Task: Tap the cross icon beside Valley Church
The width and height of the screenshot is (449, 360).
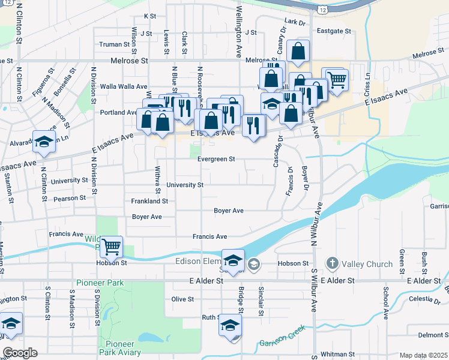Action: tap(332, 263)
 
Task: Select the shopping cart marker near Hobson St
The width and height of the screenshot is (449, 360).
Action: tap(111, 246)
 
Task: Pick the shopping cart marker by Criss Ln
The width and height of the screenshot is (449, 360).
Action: tap(337, 78)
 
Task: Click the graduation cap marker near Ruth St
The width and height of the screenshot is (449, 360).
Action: tap(231, 325)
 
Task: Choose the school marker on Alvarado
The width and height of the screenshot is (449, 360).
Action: tap(44, 142)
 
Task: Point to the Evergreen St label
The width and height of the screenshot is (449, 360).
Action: tap(216, 159)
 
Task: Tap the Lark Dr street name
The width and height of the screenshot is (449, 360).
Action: tap(295, 22)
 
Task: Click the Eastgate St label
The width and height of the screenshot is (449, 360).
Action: tap(334, 31)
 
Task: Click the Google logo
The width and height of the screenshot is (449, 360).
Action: tap(20, 353)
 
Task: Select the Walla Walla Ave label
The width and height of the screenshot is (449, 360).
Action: tap(124, 86)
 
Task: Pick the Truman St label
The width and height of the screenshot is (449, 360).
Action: tap(114, 44)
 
